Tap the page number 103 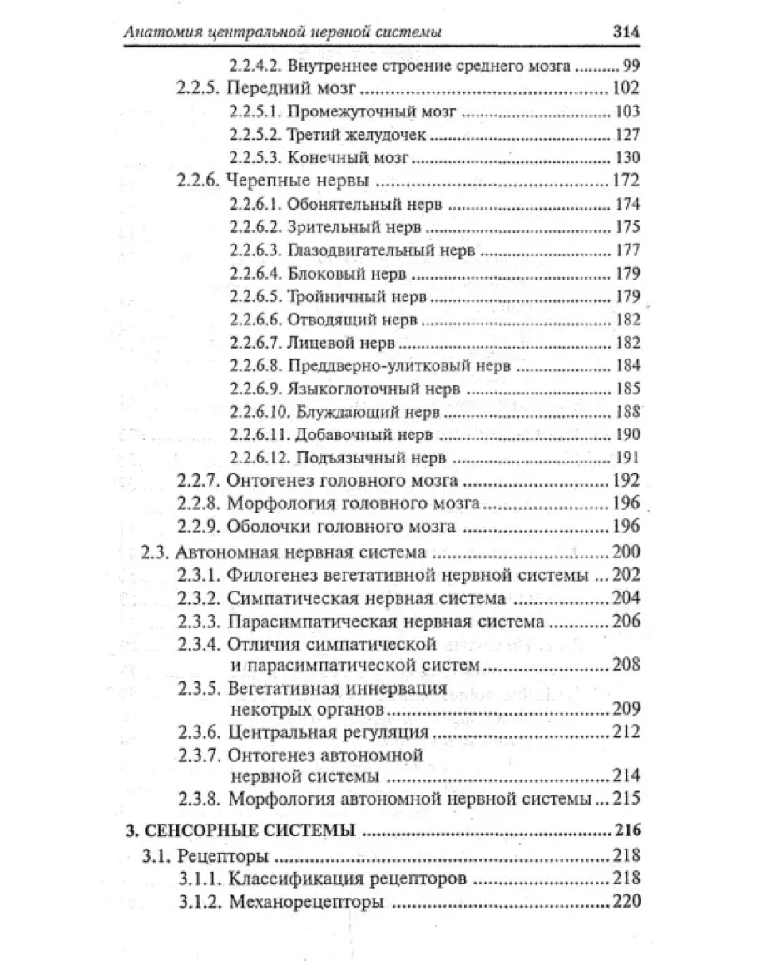pos(627,111)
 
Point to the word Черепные pos(265,180)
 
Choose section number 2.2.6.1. pos(255,203)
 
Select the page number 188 pos(627,411)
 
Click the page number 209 pos(624,710)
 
